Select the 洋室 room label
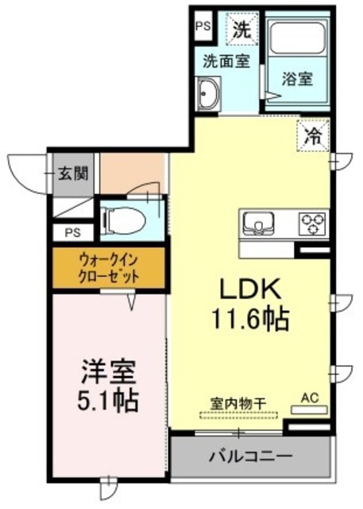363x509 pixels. pos(110,371)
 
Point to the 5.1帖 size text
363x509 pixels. pos(110,398)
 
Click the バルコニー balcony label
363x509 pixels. pos(250,457)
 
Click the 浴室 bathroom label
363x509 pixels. pos(295,80)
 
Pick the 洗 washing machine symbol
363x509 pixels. pos(241,31)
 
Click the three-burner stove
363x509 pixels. pos(312,223)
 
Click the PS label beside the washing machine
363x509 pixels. pos(203,25)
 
